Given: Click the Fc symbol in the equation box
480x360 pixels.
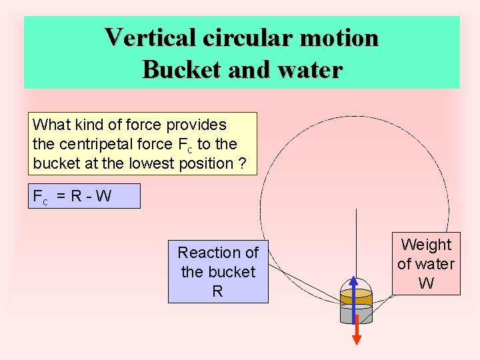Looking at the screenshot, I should pos(40,197).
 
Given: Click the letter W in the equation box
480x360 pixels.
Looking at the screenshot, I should pos(103,197).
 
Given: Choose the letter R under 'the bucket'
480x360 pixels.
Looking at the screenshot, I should pos(217,291).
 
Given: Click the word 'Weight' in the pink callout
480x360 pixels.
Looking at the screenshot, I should pos(426,245).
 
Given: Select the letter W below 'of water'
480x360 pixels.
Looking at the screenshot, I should pos(426,283).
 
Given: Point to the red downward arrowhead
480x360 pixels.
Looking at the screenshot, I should pos(357,339).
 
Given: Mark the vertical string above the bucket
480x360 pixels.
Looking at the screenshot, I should pos(357,240).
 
